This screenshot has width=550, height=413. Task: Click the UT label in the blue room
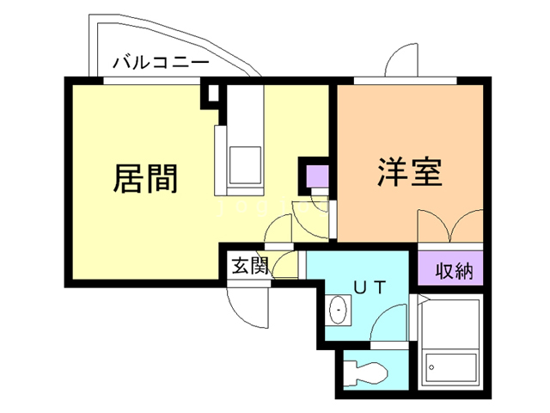tap(369, 284)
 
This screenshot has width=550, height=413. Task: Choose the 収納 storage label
tap(453, 272)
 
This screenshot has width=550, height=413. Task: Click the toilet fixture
tap(367, 373)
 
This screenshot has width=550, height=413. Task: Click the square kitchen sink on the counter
tap(244, 163)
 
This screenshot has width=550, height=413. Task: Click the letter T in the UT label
tap(378, 284)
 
